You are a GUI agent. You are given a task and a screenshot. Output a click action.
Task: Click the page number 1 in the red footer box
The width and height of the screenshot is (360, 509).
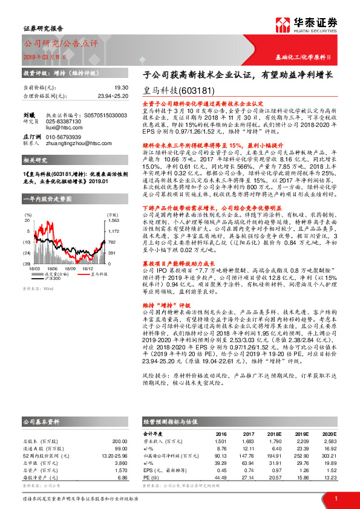(335, 499)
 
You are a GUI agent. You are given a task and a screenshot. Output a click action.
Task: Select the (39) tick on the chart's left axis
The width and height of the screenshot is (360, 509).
(27, 264)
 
